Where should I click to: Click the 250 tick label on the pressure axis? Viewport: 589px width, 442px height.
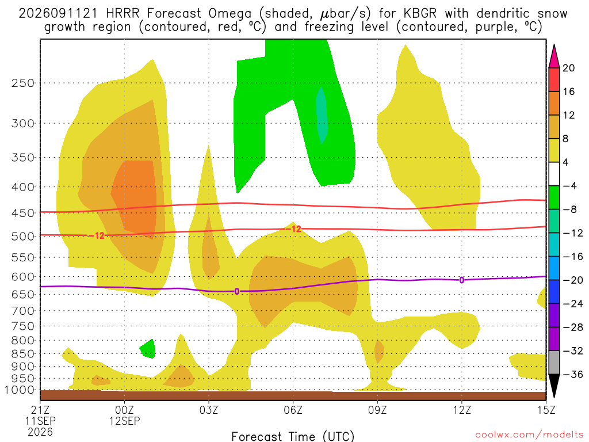(x=23, y=83)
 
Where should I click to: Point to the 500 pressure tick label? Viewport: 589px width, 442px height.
(x=23, y=237)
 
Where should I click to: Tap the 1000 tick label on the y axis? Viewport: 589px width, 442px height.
(x=20, y=390)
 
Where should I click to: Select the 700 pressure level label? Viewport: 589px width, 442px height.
(x=23, y=311)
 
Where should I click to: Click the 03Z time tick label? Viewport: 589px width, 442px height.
(x=208, y=410)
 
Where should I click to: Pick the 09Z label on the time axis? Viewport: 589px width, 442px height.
(x=377, y=410)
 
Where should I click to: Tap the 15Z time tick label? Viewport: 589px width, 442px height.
(x=545, y=410)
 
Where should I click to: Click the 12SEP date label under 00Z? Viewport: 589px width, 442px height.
(x=124, y=421)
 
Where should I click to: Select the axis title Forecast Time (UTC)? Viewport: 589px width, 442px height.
(x=293, y=436)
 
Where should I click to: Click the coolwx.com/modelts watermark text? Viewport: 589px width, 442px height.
(x=529, y=435)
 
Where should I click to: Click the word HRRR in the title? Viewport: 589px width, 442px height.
(x=123, y=14)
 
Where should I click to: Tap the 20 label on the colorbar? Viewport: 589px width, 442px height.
(x=568, y=68)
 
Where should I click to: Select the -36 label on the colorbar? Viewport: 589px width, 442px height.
(x=572, y=374)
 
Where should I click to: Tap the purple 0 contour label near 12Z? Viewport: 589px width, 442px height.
(x=462, y=280)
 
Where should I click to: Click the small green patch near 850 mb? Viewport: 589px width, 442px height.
(x=148, y=349)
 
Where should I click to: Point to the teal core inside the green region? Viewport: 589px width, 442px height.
(x=322, y=115)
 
